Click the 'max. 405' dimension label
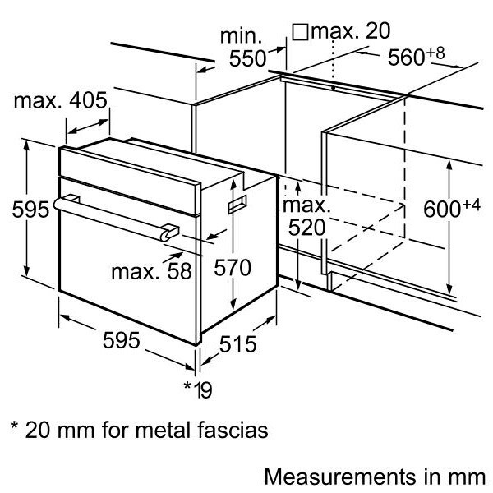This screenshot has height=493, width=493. coord(60,101)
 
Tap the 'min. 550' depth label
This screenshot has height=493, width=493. coord(243,48)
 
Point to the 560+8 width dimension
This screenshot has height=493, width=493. coord(414,57)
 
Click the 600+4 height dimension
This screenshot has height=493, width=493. coord(450,209)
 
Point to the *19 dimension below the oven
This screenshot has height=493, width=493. coord(197,387)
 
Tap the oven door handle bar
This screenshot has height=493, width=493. coord(115,214)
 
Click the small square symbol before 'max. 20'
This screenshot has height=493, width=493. coord(300,31)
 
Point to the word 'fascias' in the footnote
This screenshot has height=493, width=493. coord(233,429)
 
